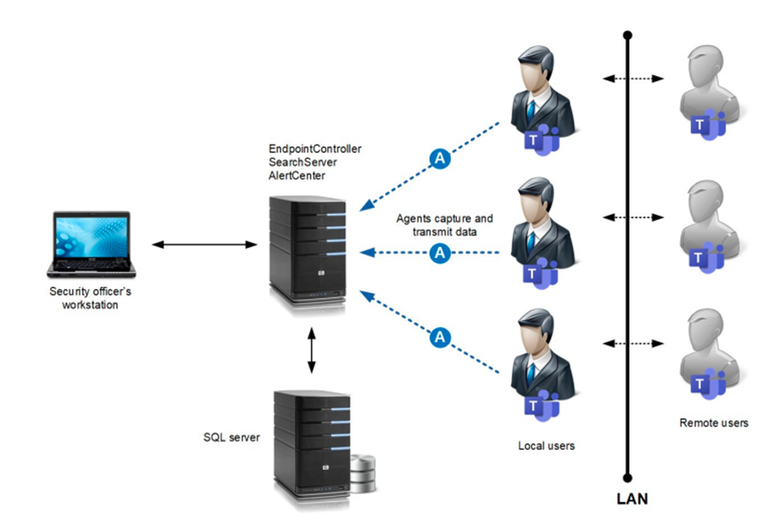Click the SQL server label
(230, 437)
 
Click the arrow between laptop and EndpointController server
(202, 243)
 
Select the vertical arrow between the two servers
(312, 349)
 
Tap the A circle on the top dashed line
(439, 159)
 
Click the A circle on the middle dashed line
(439, 253)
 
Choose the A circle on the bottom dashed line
(439, 337)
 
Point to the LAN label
(631, 499)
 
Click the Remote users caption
(713, 423)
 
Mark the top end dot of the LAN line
(628, 35)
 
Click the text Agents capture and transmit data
(444, 224)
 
